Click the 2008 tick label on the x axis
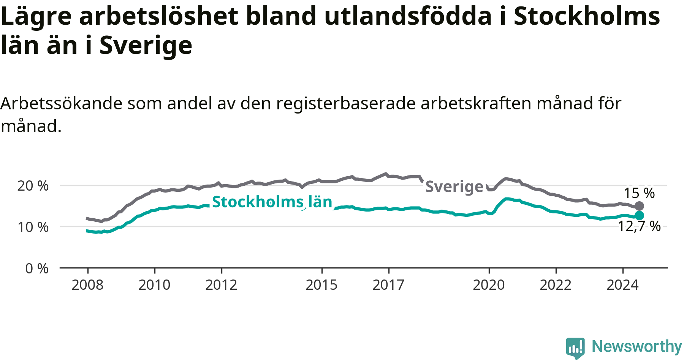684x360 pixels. click(x=87, y=285)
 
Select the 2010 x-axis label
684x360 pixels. click(x=154, y=285)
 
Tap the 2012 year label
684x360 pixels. click(x=221, y=285)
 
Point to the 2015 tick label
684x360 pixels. click(x=321, y=285)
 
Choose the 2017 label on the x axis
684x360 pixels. click(x=388, y=285)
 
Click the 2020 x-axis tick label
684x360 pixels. click(x=489, y=285)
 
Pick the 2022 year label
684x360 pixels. click(x=556, y=285)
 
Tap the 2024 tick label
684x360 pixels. click(x=622, y=285)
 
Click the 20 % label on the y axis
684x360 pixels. click(x=33, y=186)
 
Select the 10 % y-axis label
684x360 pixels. click(x=33, y=227)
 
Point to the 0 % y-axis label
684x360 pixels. click(x=37, y=268)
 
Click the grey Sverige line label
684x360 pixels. click(x=454, y=187)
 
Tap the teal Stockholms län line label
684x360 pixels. click(x=272, y=202)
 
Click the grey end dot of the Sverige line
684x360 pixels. click(x=640, y=206)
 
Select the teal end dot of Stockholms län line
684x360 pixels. click(x=640, y=215)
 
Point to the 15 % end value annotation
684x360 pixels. click(x=640, y=193)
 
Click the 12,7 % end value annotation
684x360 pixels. click(x=640, y=226)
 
